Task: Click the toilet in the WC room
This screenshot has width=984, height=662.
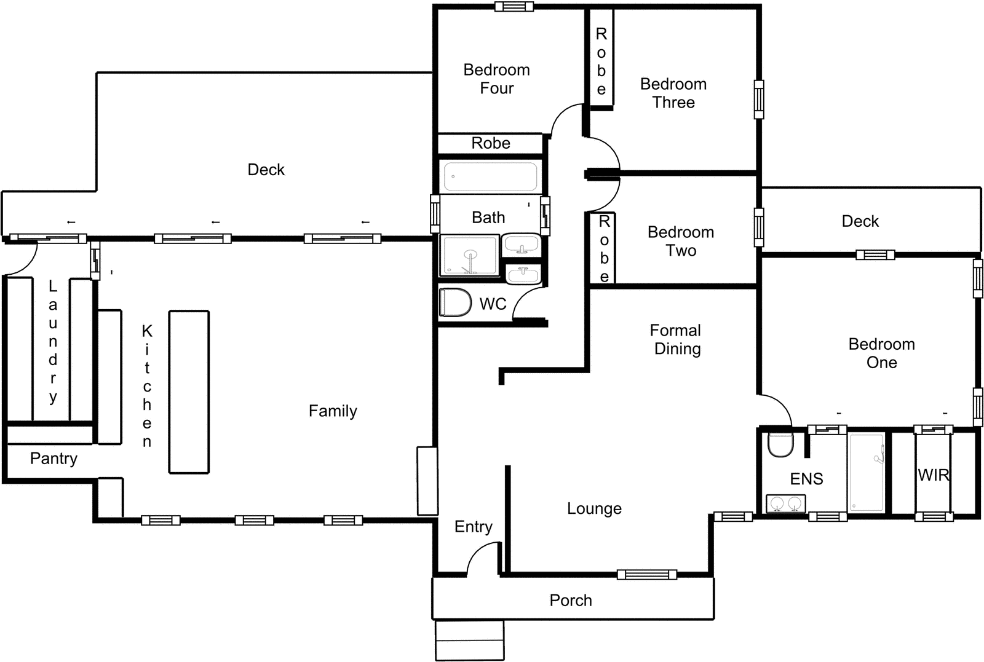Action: coord(455,302)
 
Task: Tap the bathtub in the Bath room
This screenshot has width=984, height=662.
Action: coord(490,176)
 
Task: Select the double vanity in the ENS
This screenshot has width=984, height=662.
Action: coord(785,503)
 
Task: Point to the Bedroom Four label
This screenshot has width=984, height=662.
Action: coord(496,79)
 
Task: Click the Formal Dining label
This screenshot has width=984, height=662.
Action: coord(676,339)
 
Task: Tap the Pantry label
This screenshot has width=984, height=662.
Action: coord(54,459)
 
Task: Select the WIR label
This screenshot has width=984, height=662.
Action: coord(933,475)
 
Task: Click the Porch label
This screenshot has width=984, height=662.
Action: coord(571,601)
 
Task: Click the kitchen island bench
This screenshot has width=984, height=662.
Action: coord(189,392)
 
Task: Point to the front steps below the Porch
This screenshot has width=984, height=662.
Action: coord(469,640)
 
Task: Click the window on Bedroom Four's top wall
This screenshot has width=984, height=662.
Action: coord(514,7)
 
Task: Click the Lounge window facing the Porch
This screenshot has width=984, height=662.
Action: coord(646,575)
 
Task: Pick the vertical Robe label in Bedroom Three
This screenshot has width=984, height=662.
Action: coord(601,61)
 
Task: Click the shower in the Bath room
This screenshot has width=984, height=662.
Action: coord(469,255)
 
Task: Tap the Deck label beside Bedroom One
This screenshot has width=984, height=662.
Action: coord(860,221)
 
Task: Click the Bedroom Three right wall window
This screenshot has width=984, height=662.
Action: coord(759,99)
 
